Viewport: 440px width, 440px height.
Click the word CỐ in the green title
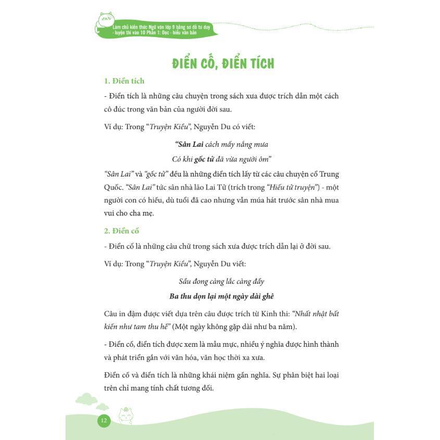209,64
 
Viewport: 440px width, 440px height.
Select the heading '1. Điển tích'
124,81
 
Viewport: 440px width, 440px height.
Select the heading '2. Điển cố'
121,231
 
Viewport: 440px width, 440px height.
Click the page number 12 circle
104,420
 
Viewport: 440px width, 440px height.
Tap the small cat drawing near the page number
125,416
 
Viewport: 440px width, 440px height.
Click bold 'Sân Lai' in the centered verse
189,144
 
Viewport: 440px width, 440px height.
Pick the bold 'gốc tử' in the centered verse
205,159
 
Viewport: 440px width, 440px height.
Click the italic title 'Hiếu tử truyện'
290,187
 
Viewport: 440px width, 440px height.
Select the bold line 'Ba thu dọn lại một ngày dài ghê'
221,296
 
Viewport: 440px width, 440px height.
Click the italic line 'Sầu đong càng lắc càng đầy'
221,282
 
